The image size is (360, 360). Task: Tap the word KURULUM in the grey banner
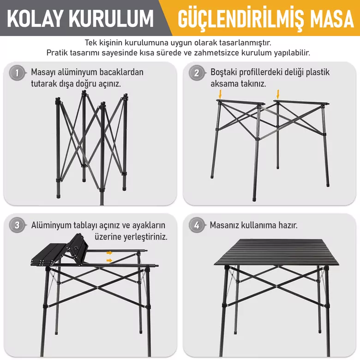pyautogui.click(x=111, y=18)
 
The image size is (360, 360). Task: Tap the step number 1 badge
pyautogui.click(x=17, y=73)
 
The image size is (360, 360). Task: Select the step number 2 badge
pyautogui.click(x=197, y=73)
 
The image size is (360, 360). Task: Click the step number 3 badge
pyautogui.click(x=17, y=225)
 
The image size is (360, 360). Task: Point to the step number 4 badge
pyautogui.click(x=197, y=225)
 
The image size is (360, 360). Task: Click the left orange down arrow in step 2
pyautogui.click(x=220, y=94)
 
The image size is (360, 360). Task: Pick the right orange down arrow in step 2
pyautogui.click(x=278, y=94)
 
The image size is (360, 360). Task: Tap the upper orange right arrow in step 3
pyautogui.click(x=109, y=253)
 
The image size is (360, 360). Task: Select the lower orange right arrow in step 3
pyautogui.click(x=109, y=260)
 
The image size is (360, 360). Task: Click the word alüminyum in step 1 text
pyautogui.click(x=74, y=72)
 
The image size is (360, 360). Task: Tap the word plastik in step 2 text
pyautogui.click(x=318, y=72)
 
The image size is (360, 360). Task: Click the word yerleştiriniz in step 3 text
pyautogui.click(x=145, y=237)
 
